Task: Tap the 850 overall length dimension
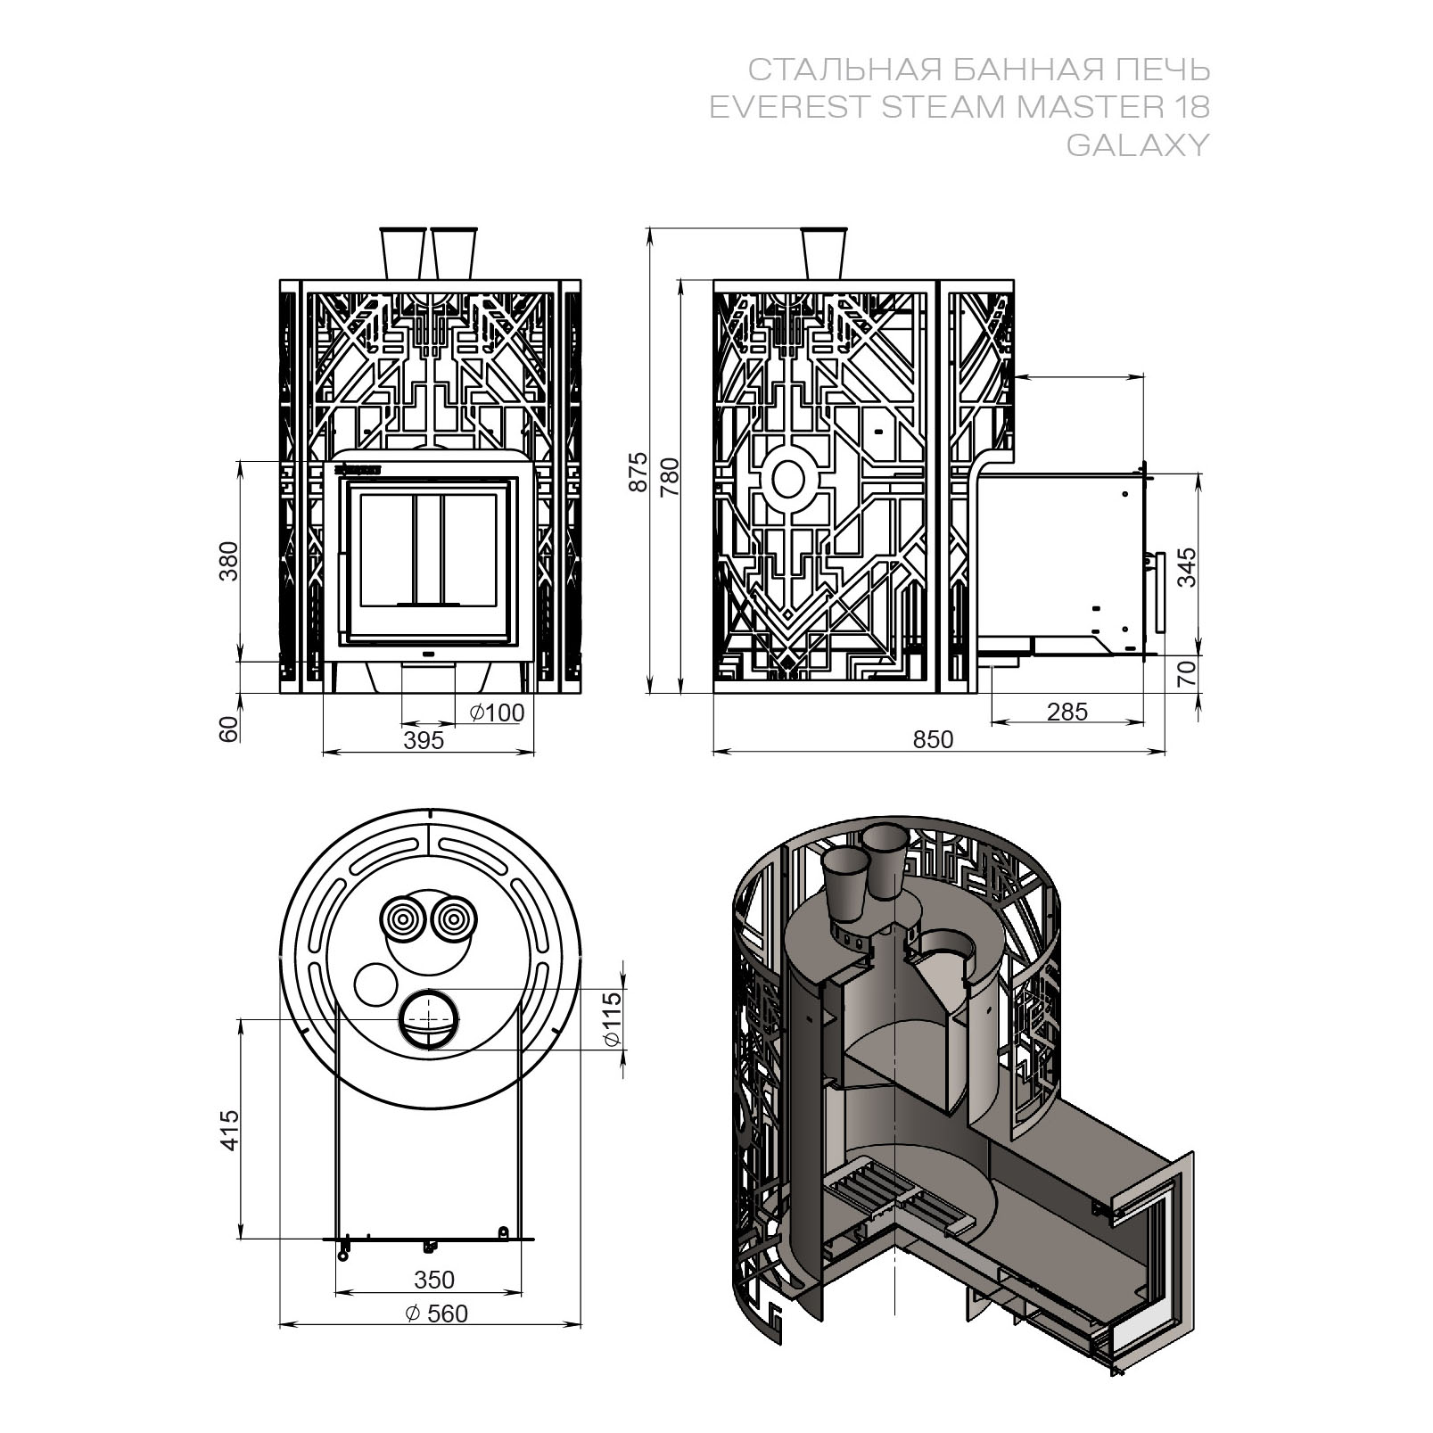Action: click(x=934, y=739)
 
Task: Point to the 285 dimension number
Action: click(x=1067, y=712)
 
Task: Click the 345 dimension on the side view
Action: click(x=1188, y=567)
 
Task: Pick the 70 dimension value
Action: click(x=1188, y=672)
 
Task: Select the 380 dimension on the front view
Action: click(x=229, y=561)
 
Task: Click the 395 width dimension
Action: click(x=423, y=740)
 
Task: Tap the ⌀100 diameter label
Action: click(x=497, y=712)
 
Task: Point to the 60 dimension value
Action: click(x=229, y=729)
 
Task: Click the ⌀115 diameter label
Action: click(x=612, y=1020)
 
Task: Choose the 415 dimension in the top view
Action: click(x=229, y=1130)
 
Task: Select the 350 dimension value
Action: click(x=434, y=1280)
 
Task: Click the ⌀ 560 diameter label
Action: click(x=436, y=1313)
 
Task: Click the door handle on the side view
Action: click(x=1159, y=592)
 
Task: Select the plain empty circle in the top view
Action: click(x=375, y=984)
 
